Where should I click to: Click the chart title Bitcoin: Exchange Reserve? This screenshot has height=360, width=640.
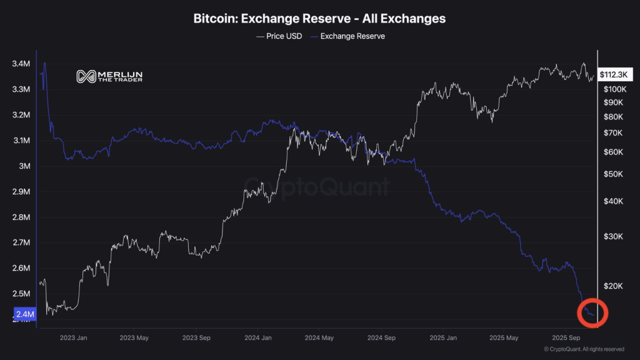click(x=319, y=19)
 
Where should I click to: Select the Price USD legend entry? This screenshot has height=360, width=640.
click(x=279, y=36)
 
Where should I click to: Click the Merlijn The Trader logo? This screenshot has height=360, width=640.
click(x=109, y=76)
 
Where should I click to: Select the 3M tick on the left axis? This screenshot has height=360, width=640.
click(x=25, y=166)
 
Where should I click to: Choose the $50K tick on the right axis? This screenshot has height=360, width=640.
click(x=612, y=174)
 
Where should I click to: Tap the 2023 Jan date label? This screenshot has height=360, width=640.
click(x=72, y=337)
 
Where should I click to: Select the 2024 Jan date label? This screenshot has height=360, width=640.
click(x=258, y=337)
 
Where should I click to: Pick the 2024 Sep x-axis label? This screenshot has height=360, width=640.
click(x=381, y=337)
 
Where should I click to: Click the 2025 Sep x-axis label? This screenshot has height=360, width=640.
click(x=567, y=337)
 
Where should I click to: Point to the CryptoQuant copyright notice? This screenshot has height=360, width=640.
click(x=584, y=349)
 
